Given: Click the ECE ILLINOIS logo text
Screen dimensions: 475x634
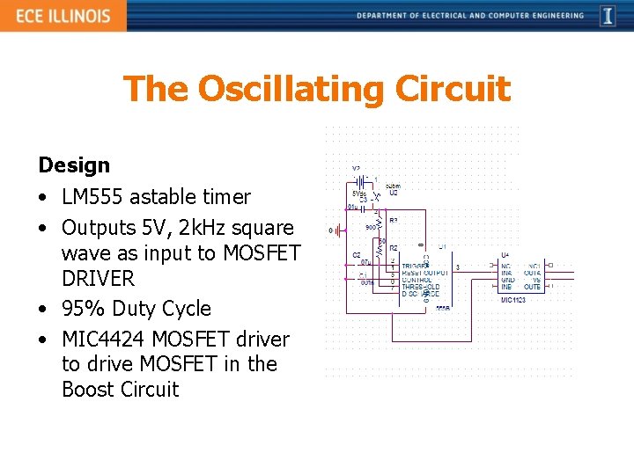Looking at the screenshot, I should [x=63, y=16].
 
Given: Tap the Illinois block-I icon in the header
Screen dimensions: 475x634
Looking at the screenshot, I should [x=608, y=16].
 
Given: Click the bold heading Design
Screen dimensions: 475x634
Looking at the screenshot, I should [x=74, y=165].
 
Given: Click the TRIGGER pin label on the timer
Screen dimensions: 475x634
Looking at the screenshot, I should [x=417, y=266].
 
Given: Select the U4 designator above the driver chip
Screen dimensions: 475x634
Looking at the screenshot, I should [x=505, y=255].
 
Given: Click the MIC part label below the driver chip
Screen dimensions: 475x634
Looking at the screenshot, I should [x=512, y=300].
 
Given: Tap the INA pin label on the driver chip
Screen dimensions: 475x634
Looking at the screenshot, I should [x=506, y=273].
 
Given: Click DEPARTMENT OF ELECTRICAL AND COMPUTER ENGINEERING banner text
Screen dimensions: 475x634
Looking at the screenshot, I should [x=470, y=15].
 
